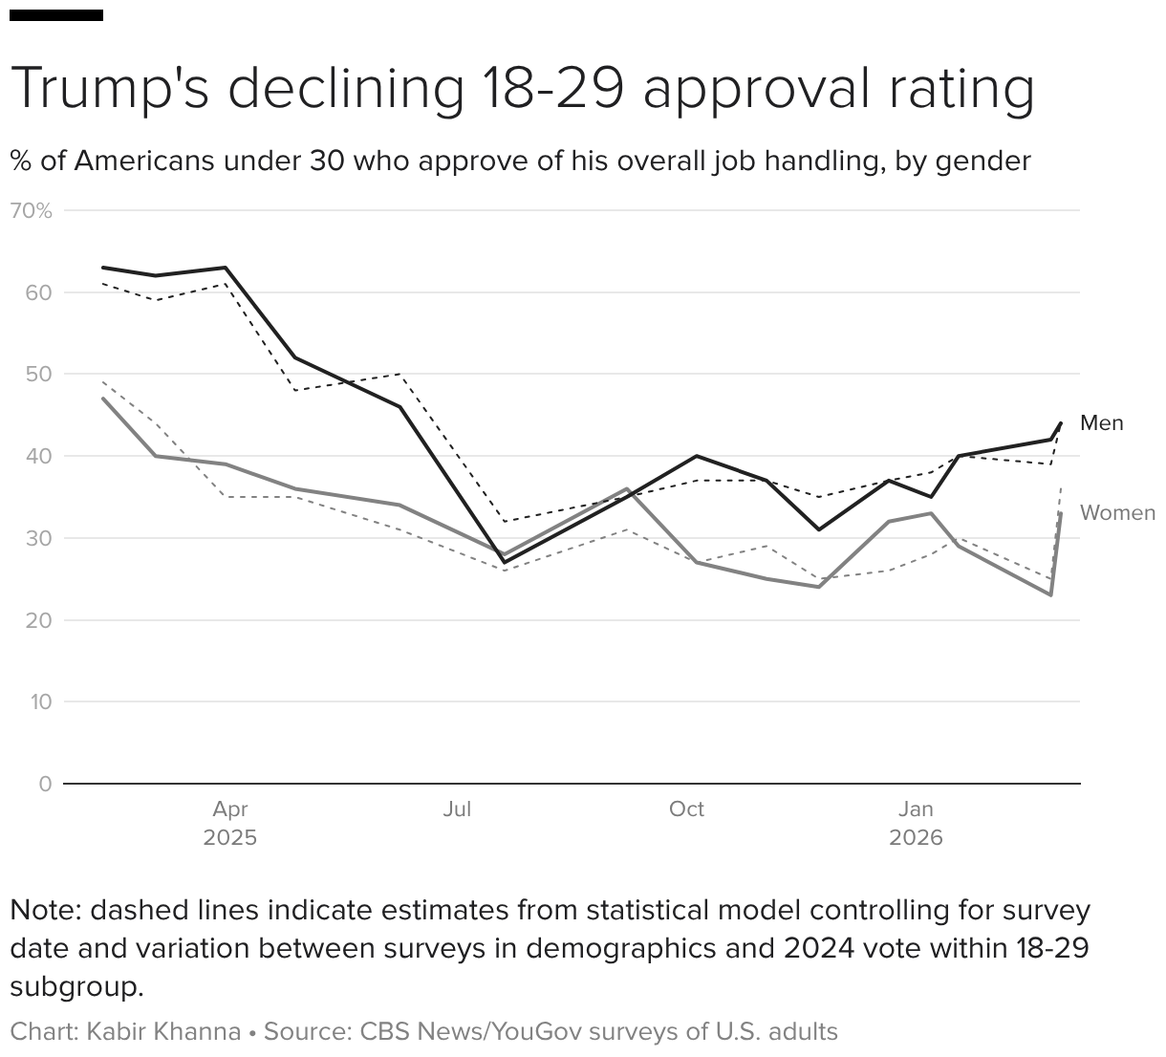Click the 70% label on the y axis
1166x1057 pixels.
[31, 210]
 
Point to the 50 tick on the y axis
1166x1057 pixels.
[39, 374]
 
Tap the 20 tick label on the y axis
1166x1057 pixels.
[39, 620]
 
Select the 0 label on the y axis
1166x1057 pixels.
[45, 784]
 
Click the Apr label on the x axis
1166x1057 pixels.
[229, 809]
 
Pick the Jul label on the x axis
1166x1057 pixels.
[457, 809]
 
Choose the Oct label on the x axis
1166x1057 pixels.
[686, 809]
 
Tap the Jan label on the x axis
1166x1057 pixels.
[916, 809]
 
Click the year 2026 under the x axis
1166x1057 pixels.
[916, 838]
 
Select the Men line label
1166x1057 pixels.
[1101, 423]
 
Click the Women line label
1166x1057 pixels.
[1117, 513]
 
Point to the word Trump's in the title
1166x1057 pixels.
[111, 88]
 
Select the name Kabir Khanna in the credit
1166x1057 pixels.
[163, 1032]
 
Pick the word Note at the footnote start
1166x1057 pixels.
[44, 910]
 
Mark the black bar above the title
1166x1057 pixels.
[56, 15]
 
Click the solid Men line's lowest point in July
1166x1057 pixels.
[504, 562]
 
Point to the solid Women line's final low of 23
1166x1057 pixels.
[1050, 595]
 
